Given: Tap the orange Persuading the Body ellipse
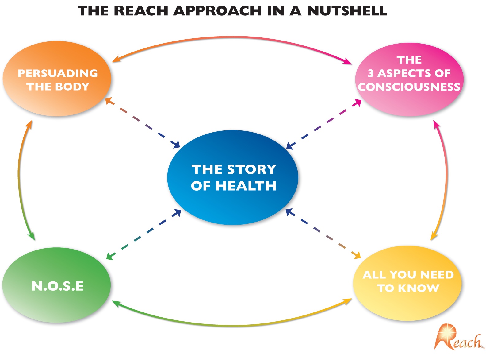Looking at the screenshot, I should [x=57, y=101].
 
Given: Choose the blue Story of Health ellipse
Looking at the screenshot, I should [x=233, y=203].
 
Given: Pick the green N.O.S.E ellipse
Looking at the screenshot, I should [x=57, y=304].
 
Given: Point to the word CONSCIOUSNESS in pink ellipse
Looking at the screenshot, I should [x=409, y=87].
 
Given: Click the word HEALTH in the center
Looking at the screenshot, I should [x=246, y=186].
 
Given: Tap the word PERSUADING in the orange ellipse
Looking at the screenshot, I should [x=58, y=73].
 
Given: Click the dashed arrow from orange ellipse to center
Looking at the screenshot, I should [x=143, y=123].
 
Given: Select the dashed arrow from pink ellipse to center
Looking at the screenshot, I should [x=323, y=124].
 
